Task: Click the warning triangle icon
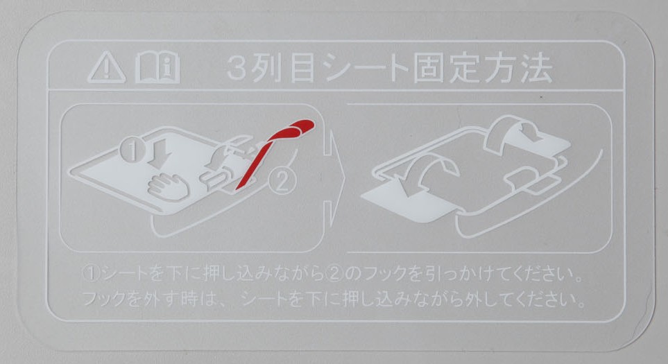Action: [107, 67]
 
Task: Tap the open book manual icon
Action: [157, 67]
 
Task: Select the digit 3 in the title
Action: [237, 68]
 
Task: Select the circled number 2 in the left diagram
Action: [282, 182]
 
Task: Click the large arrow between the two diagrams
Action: [335, 179]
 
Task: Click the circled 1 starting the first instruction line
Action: [91, 273]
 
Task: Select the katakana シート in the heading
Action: [363, 68]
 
